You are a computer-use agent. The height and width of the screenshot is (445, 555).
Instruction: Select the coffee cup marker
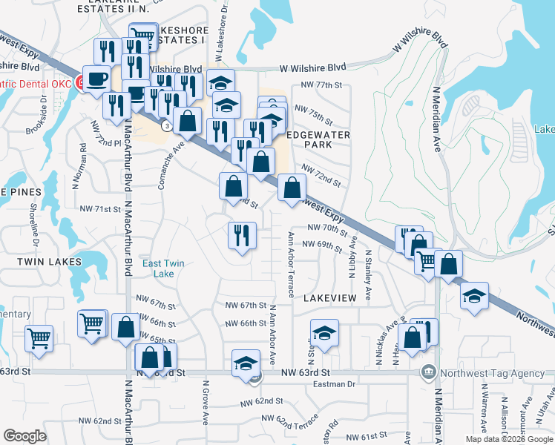96,79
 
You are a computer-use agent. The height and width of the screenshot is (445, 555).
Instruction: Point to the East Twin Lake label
163,268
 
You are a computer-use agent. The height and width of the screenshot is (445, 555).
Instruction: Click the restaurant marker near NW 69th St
242,236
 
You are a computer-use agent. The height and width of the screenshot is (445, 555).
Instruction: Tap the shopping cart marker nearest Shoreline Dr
39,337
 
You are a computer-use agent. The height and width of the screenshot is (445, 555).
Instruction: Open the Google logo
25,436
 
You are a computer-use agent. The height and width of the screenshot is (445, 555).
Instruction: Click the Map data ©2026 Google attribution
509,439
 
